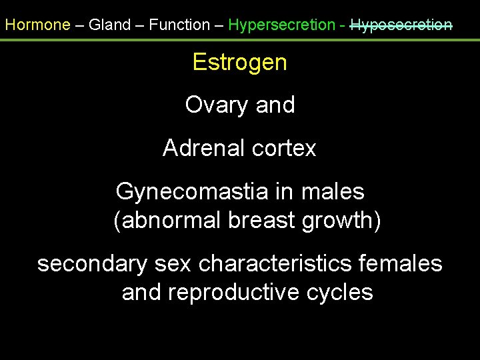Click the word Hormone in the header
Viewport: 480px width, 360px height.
pos(37,25)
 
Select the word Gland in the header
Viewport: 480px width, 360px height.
pos(111,25)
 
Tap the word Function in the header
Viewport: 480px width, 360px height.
pos(179,25)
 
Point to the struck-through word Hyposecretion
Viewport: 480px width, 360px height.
pos(401,25)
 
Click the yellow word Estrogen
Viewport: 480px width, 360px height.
pos(239,63)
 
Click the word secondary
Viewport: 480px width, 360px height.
pos(92,264)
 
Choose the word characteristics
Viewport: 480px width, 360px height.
pos(275,264)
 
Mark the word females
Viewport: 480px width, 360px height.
pos(400,264)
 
